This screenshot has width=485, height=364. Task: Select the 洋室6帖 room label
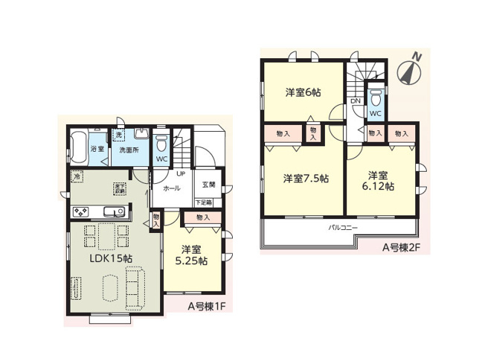(303, 94)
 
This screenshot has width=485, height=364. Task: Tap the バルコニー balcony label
(344, 226)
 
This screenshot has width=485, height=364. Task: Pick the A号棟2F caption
(401, 248)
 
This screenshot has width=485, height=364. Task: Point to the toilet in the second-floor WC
(376, 99)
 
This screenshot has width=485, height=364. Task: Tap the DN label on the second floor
(356, 100)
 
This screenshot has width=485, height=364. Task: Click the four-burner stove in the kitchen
(81, 212)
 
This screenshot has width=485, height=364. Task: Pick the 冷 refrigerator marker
(77, 176)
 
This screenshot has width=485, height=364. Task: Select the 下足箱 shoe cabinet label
(204, 202)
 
